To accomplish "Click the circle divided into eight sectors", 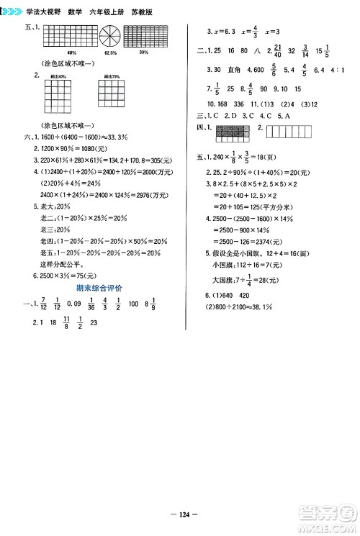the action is pos(110,36).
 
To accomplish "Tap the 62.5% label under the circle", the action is pos(110,53).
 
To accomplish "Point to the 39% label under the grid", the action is pos(145,53).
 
